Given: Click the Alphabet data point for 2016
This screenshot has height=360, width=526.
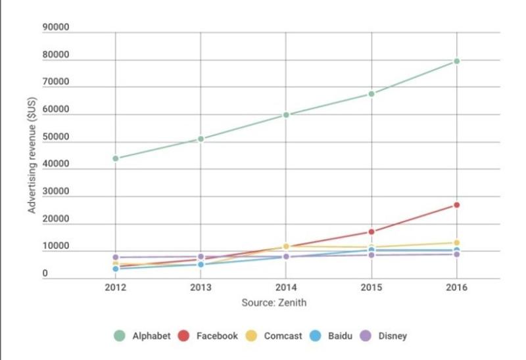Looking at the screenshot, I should coord(456,61).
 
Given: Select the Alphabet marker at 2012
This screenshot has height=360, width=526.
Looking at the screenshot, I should coord(116,158).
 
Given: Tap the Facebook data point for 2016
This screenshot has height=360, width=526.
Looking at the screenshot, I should coord(456,205).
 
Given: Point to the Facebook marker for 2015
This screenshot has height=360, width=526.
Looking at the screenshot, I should coord(371,232).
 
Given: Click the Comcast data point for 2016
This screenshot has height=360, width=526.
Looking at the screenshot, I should coord(456,243).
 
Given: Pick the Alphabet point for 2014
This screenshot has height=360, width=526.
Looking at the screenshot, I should coord(286,115).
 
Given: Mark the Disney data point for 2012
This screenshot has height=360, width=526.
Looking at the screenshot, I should coord(116,258).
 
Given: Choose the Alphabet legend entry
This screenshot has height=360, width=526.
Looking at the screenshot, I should coord(142,336).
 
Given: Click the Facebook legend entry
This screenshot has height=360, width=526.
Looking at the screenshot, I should coord(210,336).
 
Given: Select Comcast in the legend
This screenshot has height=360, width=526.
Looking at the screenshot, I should coord(275,336).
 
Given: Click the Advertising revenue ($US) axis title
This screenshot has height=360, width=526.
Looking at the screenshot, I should coord(32,157).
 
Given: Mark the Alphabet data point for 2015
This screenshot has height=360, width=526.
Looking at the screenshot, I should coord(371,94).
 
